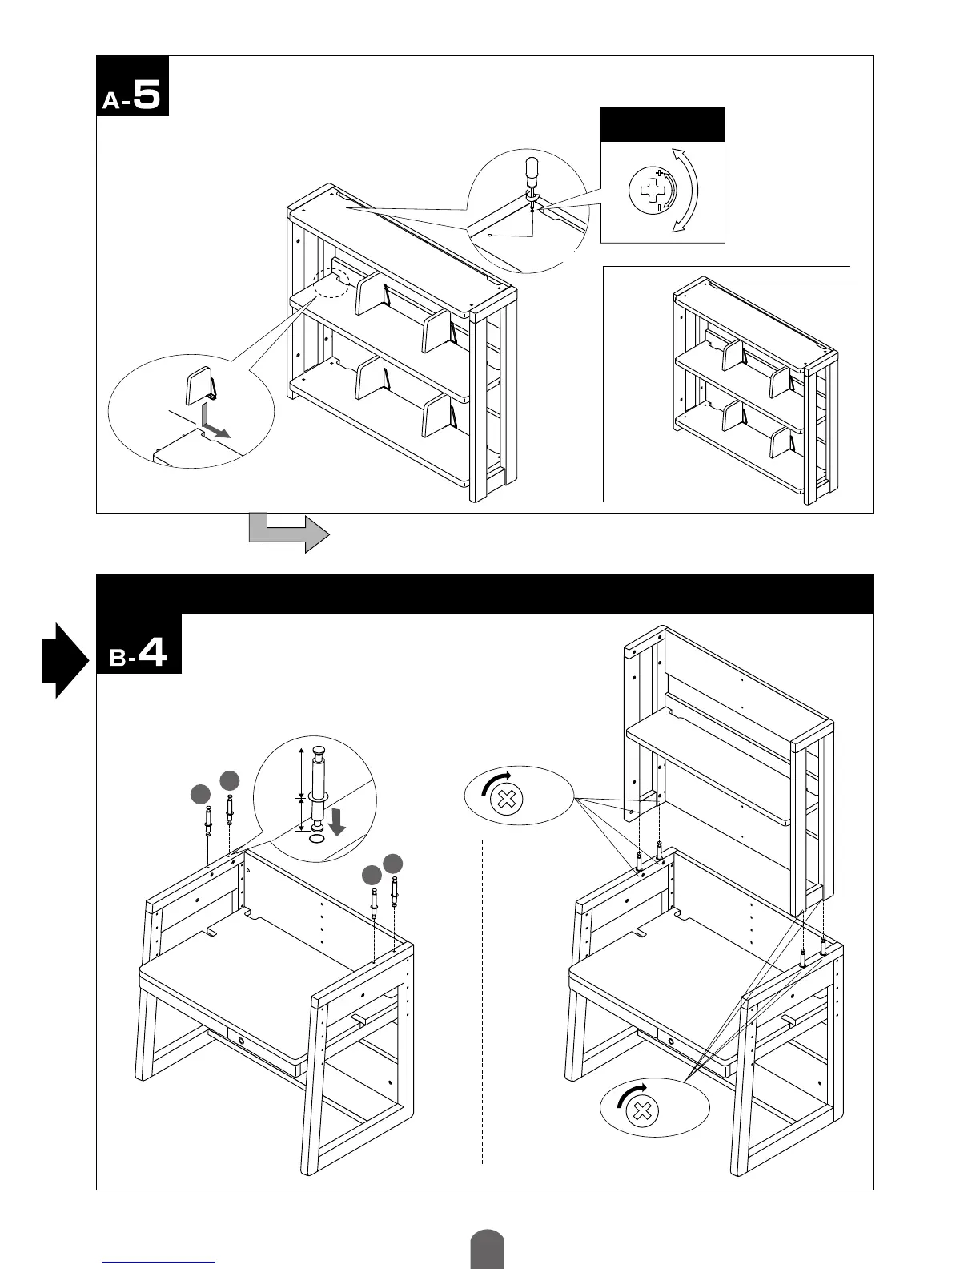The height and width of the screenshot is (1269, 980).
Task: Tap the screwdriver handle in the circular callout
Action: (x=531, y=169)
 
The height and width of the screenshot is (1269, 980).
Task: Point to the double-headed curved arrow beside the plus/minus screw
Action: (x=687, y=191)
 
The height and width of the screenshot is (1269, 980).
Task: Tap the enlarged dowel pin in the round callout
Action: (x=318, y=788)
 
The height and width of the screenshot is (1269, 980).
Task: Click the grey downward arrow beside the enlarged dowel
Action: (x=338, y=821)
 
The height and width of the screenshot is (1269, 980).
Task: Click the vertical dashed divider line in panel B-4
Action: (x=483, y=1001)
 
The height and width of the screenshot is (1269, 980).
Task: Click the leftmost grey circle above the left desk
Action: (x=200, y=794)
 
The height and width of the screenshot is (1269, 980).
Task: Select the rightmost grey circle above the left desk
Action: (x=392, y=863)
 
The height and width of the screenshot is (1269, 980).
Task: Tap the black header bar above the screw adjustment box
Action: (x=662, y=124)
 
